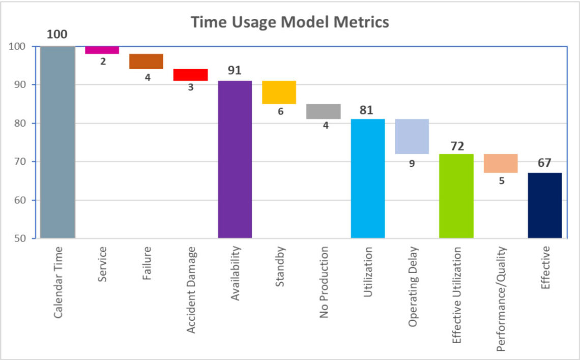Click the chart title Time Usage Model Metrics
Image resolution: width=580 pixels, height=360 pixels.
[289, 22]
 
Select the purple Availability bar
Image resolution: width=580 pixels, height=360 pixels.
[235, 159]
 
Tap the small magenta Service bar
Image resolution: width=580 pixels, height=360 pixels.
[102, 49]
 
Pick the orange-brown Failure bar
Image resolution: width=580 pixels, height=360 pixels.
[146, 61]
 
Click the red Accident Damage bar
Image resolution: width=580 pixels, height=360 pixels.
[190, 75]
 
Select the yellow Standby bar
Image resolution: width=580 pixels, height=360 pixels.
[279, 92]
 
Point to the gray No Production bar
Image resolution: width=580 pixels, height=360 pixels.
[323, 111]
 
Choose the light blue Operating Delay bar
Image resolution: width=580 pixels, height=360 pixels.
[412, 136]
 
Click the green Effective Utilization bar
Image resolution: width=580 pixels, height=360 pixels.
[456, 196]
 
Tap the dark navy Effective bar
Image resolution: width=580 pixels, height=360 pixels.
[544, 205]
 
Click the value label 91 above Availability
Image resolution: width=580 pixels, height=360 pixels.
[235, 71]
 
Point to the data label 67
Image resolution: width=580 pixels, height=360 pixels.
[544, 163]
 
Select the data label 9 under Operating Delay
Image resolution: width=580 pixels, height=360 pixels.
[412, 164]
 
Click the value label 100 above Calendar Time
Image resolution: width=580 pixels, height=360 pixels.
[57, 35]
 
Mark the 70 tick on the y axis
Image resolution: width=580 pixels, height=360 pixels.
[22, 162]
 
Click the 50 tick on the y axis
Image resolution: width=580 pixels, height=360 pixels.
[22, 238]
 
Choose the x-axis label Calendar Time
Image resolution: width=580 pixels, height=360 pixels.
[57, 282]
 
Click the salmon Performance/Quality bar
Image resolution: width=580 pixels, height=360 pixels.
[501, 163]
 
